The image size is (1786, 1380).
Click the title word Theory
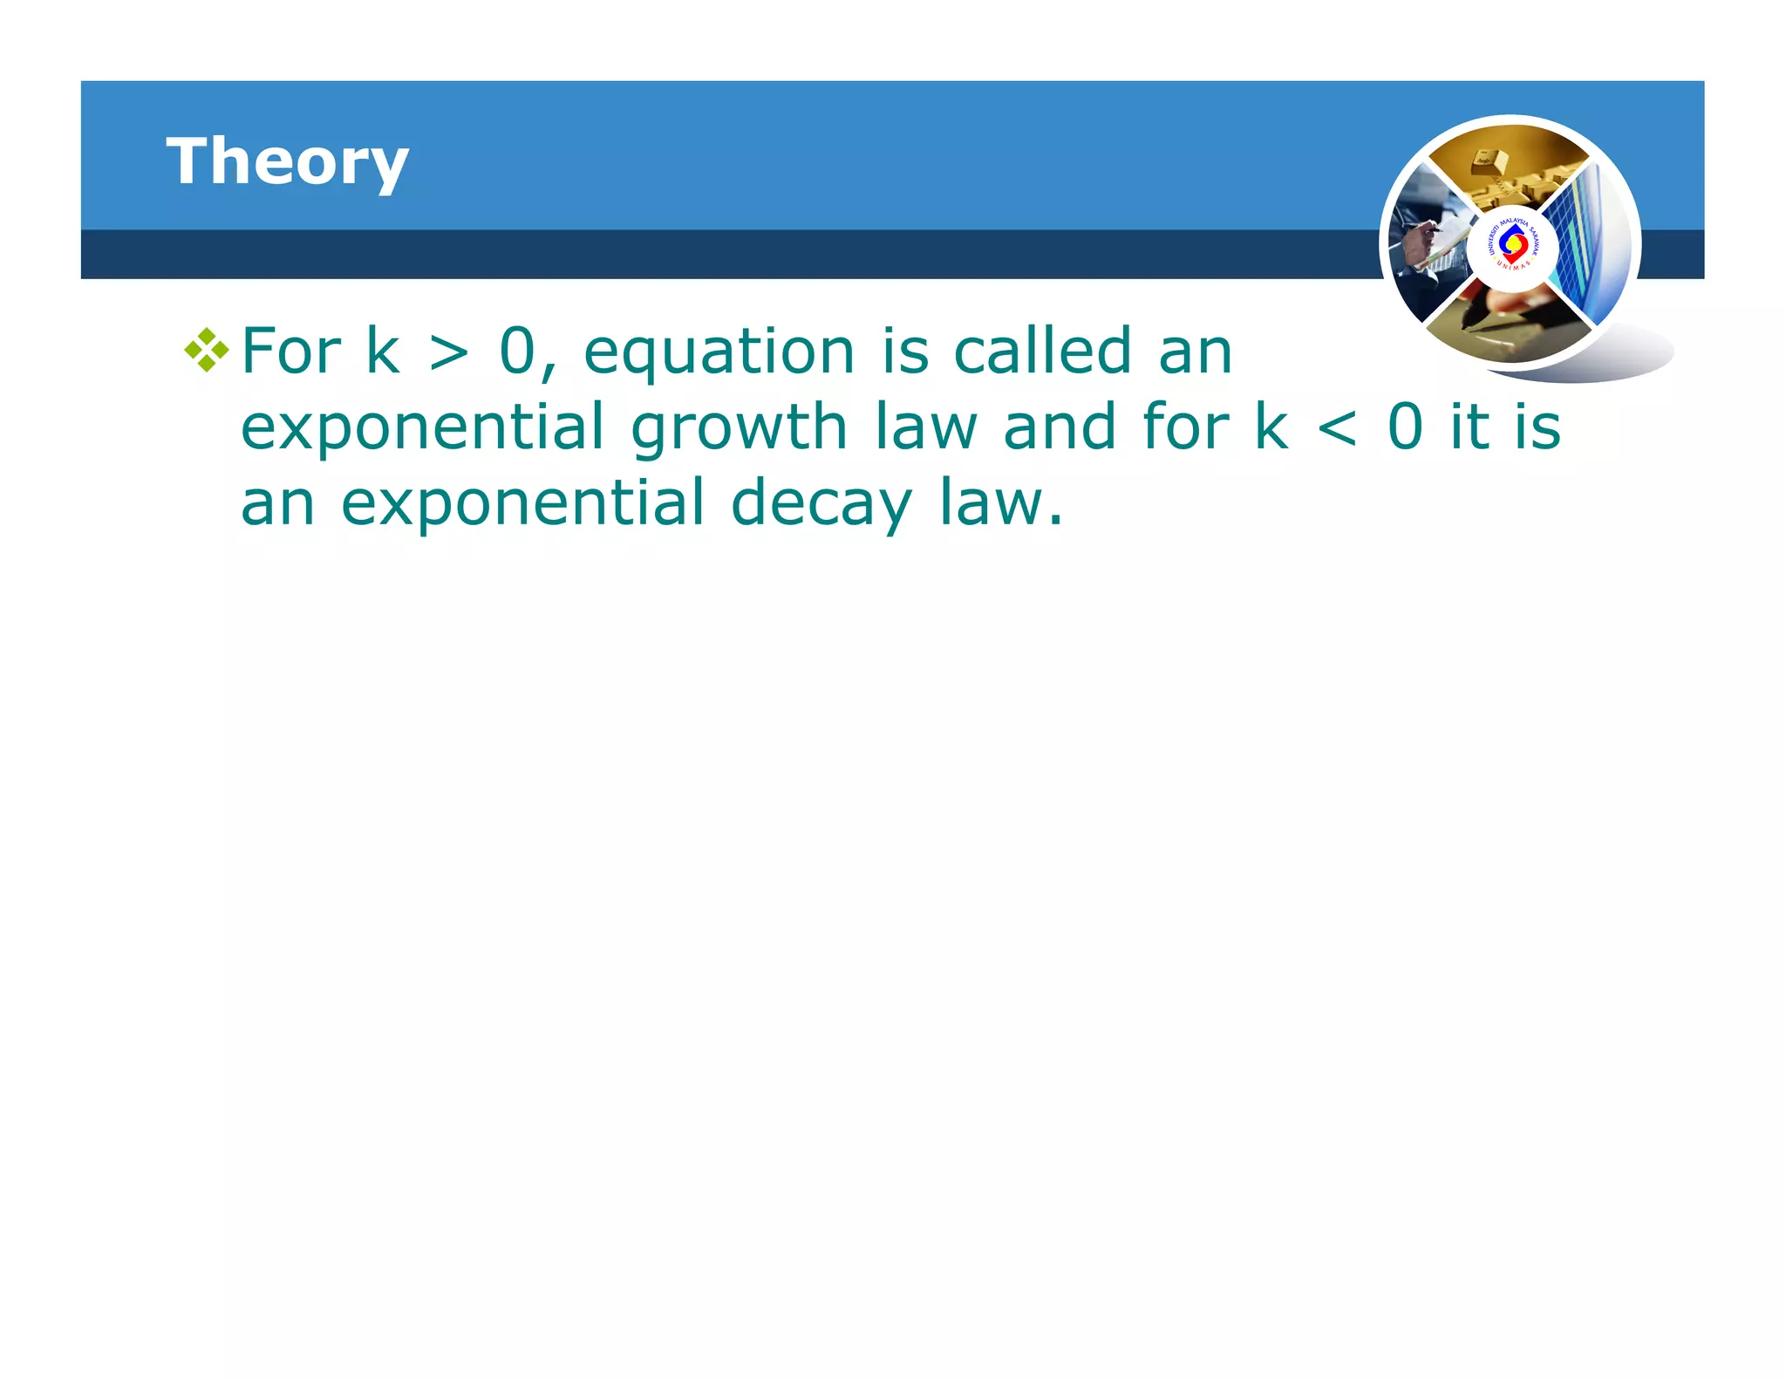click(287, 162)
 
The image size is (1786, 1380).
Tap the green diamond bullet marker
click(207, 351)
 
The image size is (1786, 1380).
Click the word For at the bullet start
click(290, 351)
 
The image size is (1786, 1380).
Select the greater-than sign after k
click(449, 352)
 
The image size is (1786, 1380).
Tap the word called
click(1042, 351)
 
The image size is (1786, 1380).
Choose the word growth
click(739, 428)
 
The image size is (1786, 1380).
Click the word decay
click(821, 504)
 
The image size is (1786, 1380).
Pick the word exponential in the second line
click(422, 428)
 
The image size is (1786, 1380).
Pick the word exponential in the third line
click(521, 504)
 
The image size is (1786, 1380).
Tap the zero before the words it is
click(1405, 427)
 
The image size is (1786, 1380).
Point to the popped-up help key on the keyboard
click(1486, 161)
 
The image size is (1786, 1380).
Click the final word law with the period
click(1000, 504)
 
